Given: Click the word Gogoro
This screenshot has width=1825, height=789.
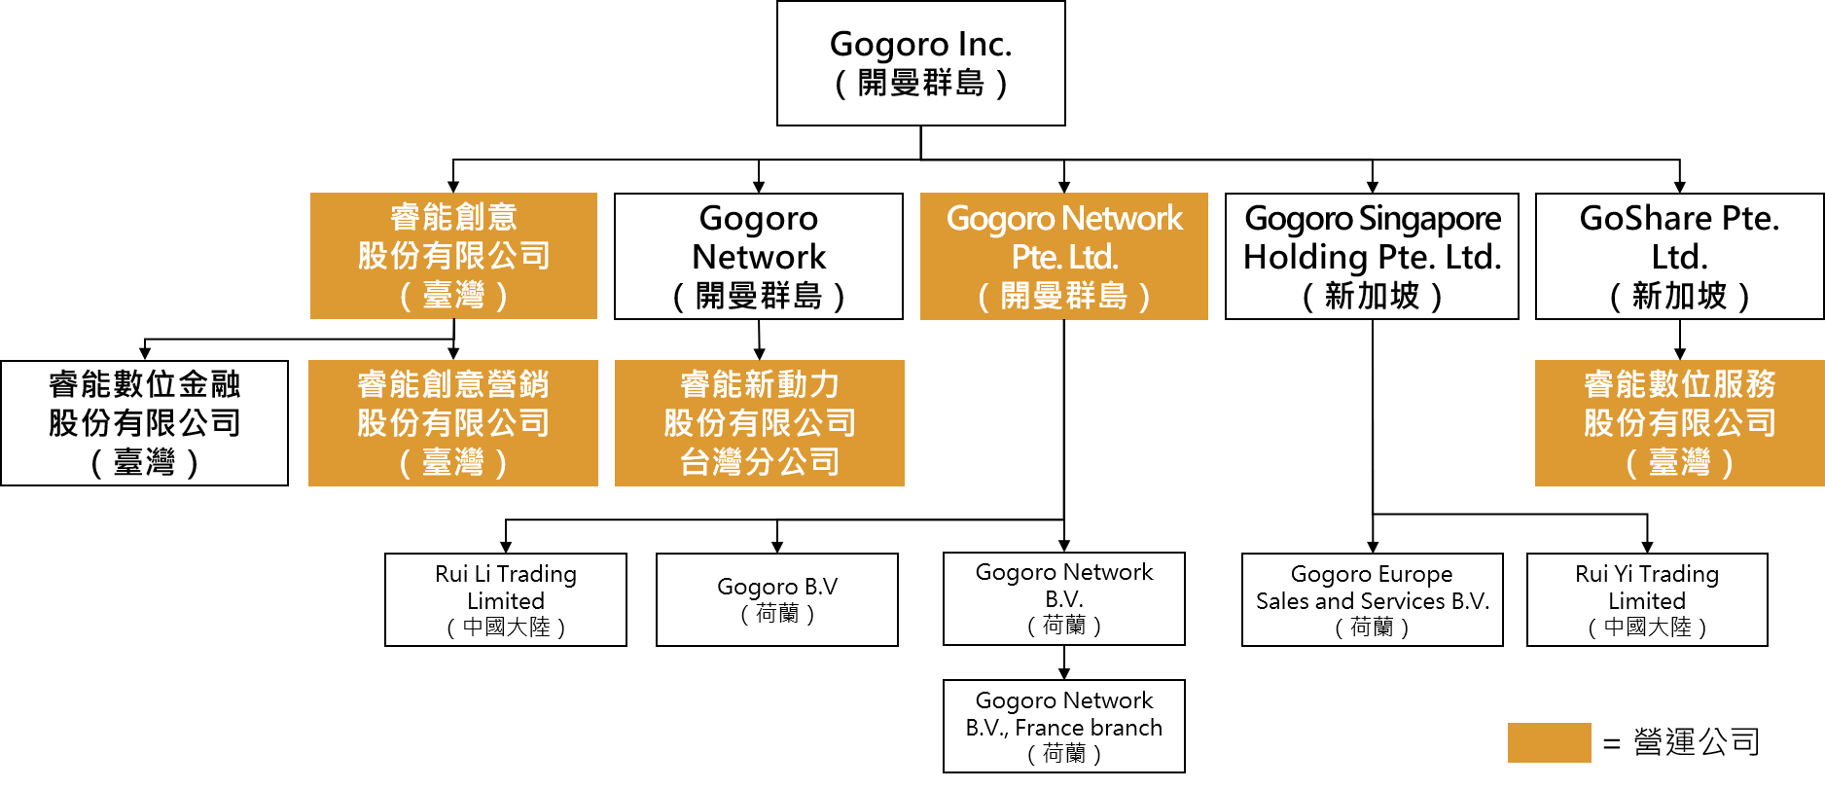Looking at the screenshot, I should pos(1001,219).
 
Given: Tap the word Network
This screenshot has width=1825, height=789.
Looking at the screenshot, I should pos(1123,218).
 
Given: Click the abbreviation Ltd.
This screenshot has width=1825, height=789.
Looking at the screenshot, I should pos(1093,258).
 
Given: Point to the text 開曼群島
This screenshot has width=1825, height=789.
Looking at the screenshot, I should pos(1064,296).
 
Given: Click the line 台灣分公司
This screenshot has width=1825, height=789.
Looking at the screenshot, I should pos(760,462).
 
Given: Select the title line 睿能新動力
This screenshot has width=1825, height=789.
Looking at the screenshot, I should pos(760,384).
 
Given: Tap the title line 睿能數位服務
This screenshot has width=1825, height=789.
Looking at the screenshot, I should pos(1680,384).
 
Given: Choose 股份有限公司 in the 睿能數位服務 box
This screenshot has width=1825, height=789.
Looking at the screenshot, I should pos(1680,423).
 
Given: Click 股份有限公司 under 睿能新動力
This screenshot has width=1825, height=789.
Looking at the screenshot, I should pos(760,423).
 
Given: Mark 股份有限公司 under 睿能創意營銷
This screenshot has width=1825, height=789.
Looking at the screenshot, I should pos(453,423).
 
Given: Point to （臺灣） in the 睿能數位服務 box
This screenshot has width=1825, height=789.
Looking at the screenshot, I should pos(1680,462).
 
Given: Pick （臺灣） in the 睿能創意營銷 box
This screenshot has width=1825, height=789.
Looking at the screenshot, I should pos(453,462).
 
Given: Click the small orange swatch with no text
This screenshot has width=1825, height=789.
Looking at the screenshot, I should pos(1549,742).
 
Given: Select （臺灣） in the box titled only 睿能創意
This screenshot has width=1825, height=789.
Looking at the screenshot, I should pos(453,295).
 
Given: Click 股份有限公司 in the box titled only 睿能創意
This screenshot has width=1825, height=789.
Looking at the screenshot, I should pos(453,256).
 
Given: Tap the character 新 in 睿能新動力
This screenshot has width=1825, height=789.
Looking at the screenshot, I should pos(760,384).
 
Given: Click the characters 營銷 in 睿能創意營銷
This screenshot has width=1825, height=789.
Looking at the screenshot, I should pos(519,384).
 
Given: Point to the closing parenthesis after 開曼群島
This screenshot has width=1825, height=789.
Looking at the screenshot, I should pos(1144,296).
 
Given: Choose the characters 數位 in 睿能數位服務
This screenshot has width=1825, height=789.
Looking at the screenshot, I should pos(1680,384).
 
